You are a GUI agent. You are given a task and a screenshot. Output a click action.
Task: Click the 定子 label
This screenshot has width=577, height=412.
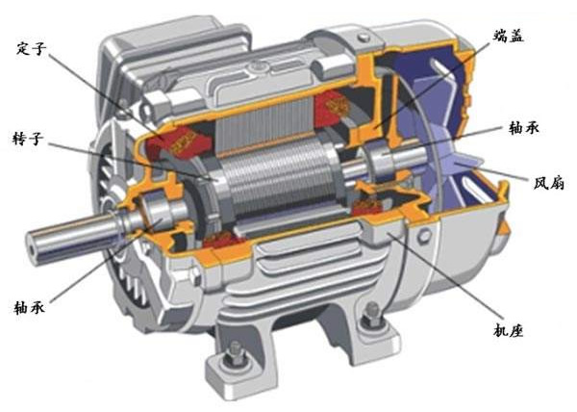(x=32, y=48)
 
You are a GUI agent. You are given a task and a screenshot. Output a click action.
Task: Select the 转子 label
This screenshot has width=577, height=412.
(x=27, y=139)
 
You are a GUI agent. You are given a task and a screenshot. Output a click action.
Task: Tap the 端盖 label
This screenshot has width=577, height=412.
(x=508, y=36)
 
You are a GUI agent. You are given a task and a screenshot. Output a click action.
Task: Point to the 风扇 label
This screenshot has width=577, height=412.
(x=549, y=183)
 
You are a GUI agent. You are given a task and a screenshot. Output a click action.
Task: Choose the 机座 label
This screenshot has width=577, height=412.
(x=508, y=330)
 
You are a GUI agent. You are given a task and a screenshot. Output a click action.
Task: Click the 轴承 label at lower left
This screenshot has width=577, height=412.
(x=29, y=306)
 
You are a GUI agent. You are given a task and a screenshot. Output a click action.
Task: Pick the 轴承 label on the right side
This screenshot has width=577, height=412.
(x=524, y=128)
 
